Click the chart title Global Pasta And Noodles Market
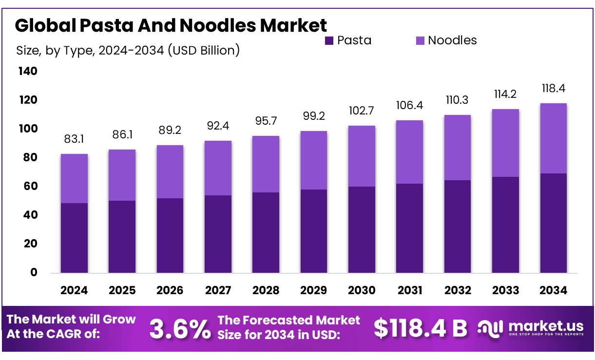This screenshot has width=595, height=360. [x=171, y=25]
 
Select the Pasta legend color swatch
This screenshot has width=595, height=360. [x=329, y=41]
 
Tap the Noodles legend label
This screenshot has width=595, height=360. [x=452, y=40]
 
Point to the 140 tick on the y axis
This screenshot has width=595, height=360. [x=28, y=72]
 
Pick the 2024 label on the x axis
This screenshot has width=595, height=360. [x=74, y=290]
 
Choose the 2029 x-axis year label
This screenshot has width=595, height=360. [x=313, y=290]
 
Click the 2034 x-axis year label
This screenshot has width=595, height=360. [x=553, y=290]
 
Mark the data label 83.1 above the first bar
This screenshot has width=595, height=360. [x=74, y=140]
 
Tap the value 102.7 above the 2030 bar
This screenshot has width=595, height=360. [x=362, y=111]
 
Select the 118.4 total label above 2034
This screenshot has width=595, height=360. [x=553, y=89]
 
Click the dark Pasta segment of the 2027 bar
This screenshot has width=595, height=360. [x=218, y=234]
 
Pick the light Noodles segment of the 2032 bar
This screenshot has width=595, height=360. [x=458, y=148]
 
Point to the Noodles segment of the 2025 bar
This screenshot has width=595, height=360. [x=122, y=175]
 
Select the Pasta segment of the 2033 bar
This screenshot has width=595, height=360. [x=505, y=225]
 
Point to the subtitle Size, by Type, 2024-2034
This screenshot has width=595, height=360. [x=128, y=50]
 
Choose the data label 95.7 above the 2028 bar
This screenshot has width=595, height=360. [x=266, y=121]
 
